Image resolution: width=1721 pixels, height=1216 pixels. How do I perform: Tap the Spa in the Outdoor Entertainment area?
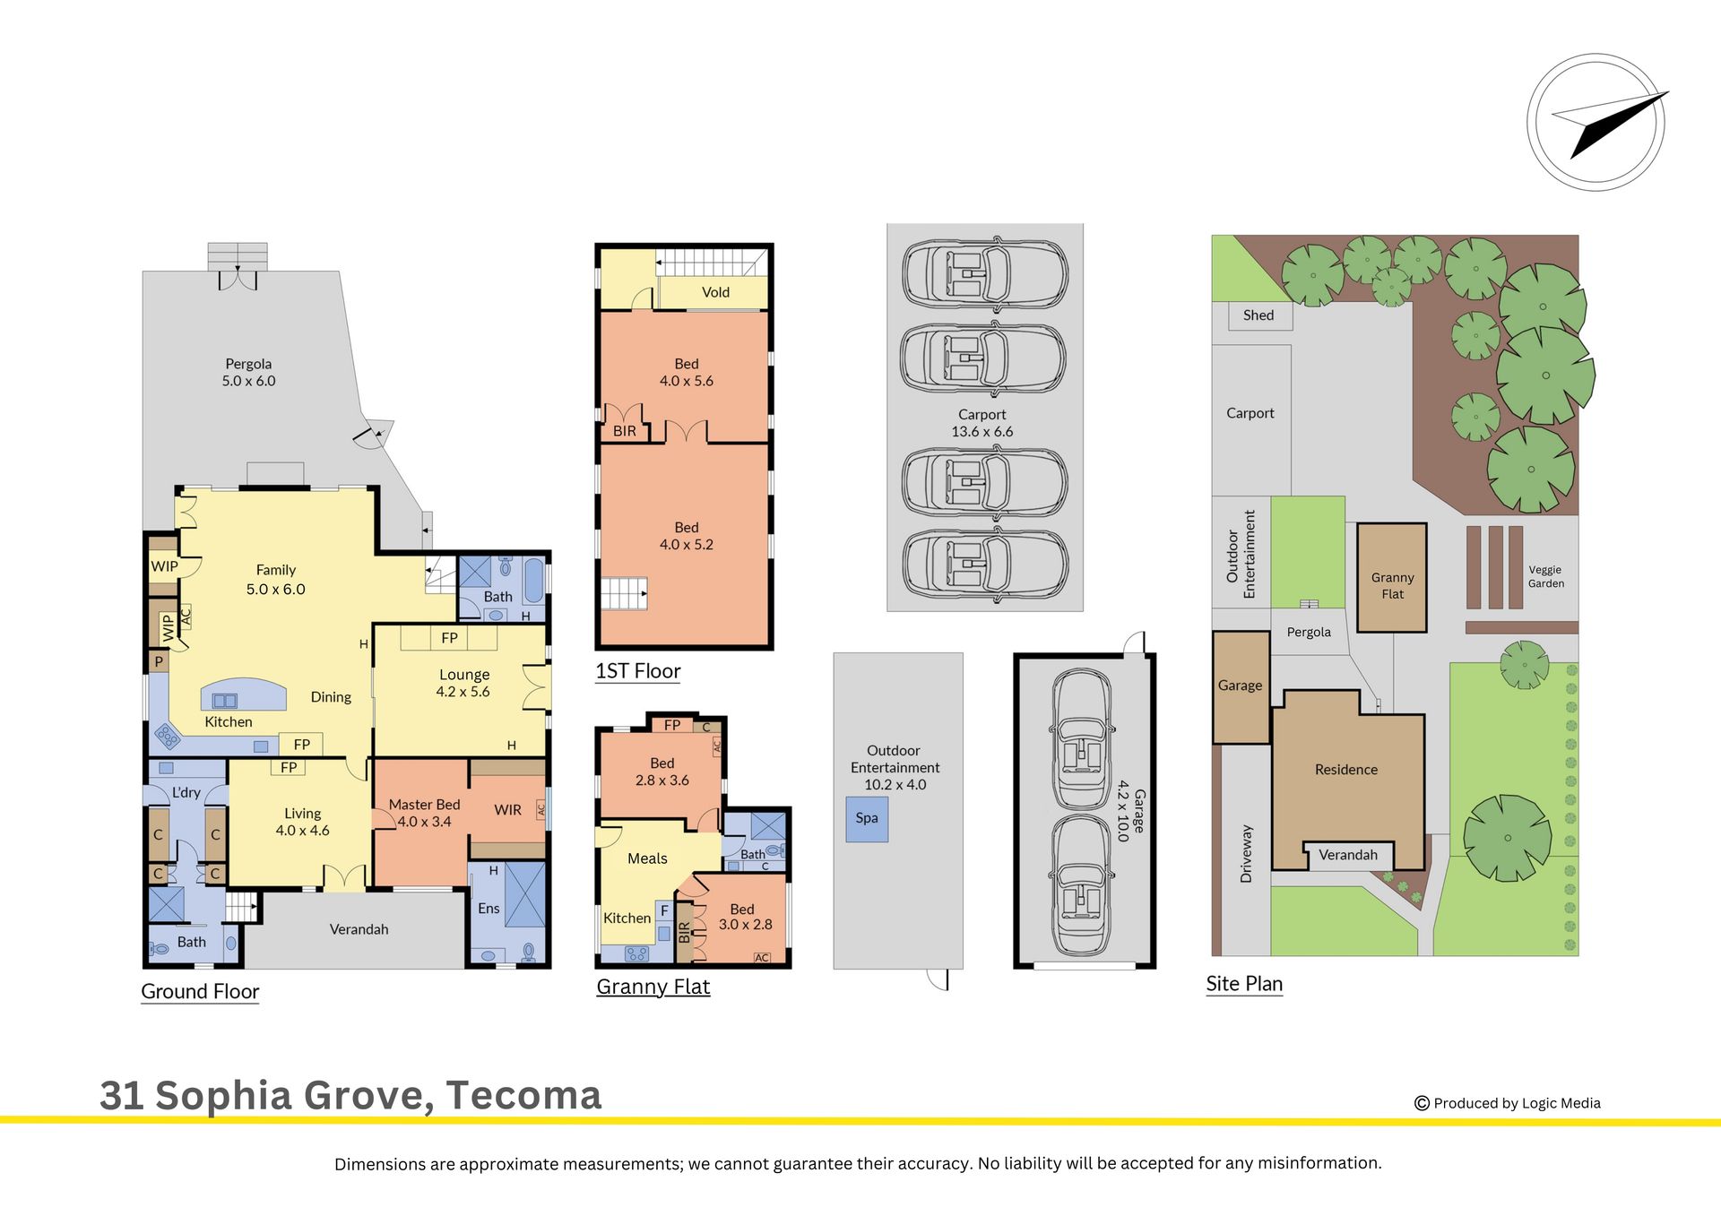(x=867, y=819)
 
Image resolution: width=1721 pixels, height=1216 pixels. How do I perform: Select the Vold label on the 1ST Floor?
(x=715, y=292)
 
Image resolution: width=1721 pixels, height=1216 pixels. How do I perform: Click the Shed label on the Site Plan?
(x=1258, y=315)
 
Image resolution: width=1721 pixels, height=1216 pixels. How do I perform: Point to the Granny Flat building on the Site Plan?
(x=1392, y=578)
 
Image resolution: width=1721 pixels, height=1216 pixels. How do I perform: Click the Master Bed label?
(x=424, y=805)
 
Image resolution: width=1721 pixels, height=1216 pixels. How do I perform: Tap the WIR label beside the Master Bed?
(x=507, y=810)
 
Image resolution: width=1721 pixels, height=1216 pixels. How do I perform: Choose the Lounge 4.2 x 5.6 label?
(x=463, y=683)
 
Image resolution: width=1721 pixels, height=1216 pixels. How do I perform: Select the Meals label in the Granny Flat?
(x=647, y=858)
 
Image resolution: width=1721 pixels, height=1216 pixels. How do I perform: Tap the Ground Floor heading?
(x=200, y=992)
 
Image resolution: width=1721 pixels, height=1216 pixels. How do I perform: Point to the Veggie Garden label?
(x=1546, y=576)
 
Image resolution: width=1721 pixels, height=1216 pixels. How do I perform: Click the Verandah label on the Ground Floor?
(x=359, y=929)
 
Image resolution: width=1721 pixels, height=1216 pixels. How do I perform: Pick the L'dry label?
(x=186, y=793)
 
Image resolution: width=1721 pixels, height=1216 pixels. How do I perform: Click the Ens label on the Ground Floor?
(x=489, y=909)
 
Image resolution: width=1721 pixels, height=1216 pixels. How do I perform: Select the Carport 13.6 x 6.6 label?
(x=982, y=423)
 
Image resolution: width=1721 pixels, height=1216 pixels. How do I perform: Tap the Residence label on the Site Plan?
(x=1346, y=770)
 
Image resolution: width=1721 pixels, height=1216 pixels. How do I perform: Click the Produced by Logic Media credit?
(x=1508, y=1103)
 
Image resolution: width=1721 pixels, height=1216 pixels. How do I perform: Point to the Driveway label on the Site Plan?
(x=1246, y=854)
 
